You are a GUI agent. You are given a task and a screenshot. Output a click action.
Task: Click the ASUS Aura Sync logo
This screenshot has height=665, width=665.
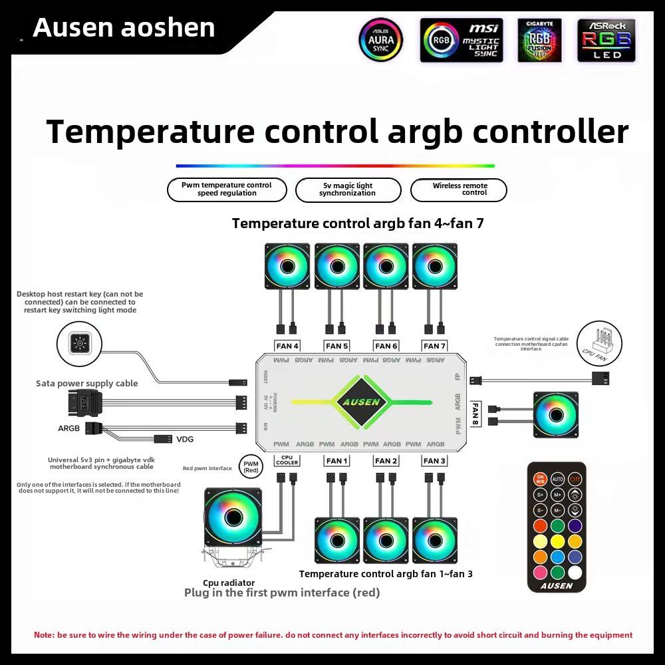[381, 40]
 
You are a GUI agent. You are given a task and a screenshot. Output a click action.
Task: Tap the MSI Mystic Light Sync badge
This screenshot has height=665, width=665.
[462, 41]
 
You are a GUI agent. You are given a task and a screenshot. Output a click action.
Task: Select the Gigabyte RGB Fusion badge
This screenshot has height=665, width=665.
[539, 41]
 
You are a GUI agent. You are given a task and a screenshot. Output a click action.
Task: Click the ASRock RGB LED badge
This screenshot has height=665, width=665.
[606, 41]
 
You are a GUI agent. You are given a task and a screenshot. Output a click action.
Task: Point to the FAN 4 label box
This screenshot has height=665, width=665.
[288, 346]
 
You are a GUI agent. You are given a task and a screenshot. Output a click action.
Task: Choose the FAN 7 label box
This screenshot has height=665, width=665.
[435, 346]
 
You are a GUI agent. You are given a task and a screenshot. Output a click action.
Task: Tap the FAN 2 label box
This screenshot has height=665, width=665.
[386, 461]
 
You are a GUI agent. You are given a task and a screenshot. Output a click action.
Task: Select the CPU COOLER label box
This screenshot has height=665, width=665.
[287, 460]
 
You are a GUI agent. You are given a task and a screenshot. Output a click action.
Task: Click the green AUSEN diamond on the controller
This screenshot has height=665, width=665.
[362, 402]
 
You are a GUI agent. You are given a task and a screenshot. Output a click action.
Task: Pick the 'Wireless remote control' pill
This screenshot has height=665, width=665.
[460, 190]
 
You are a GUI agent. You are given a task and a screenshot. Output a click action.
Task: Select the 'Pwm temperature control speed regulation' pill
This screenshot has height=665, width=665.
[227, 190]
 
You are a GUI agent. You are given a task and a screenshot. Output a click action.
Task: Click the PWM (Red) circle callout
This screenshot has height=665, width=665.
[251, 467]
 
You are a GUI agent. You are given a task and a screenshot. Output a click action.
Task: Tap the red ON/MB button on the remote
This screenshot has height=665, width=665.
[540, 479]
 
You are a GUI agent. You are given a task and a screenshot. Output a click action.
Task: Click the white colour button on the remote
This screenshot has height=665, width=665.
[575, 572]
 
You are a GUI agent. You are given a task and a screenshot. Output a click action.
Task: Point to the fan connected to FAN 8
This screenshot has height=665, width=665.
[555, 415]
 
